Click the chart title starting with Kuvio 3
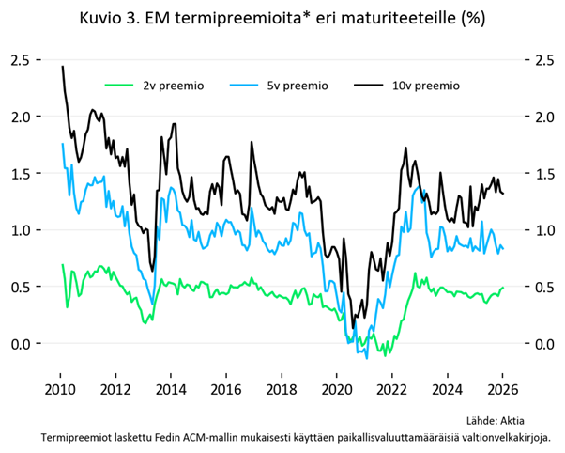click(x=282, y=18)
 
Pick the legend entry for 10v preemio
click(x=425, y=86)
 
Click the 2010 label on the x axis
click(x=60, y=389)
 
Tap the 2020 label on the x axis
click(x=336, y=389)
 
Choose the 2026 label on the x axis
click(x=501, y=389)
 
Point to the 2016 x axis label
click(x=225, y=389)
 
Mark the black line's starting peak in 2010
click(x=62, y=67)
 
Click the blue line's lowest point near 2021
click(x=367, y=357)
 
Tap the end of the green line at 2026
click(x=503, y=288)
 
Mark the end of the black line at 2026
click(x=503, y=194)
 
